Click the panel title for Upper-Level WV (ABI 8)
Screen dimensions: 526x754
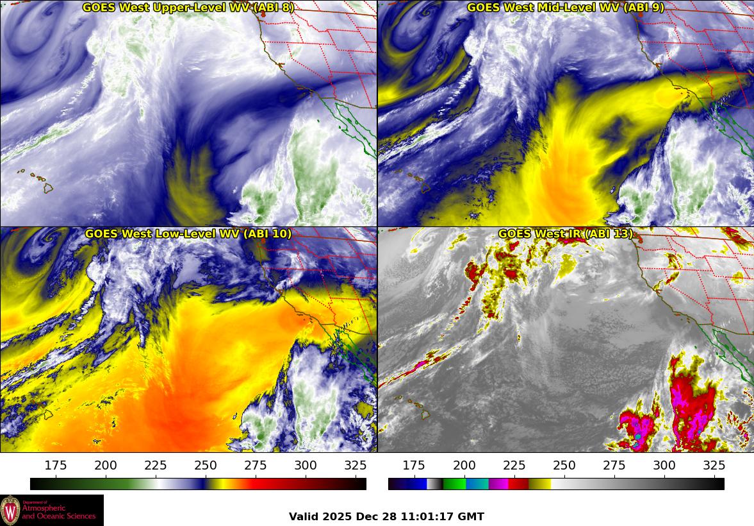click(x=188, y=8)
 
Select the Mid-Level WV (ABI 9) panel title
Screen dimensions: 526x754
click(x=566, y=8)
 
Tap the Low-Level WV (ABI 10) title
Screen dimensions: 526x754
click(x=188, y=234)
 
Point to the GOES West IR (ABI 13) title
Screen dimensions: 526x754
click(x=566, y=234)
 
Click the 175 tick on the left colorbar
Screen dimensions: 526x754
click(x=56, y=465)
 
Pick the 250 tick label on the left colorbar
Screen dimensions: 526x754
click(x=206, y=465)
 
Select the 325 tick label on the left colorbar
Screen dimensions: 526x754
click(x=356, y=465)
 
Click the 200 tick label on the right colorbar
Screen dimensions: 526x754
click(x=464, y=465)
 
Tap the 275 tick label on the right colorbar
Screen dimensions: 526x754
click(x=614, y=465)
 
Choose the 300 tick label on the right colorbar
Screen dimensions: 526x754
click(x=664, y=465)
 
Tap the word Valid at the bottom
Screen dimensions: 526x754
click(x=304, y=516)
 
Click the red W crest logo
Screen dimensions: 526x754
click(x=10, y=511)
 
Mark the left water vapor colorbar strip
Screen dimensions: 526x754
click(x=198, y=484)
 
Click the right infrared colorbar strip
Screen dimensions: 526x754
click(x=556, y=484)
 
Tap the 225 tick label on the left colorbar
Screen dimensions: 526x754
click(x=156, y=465)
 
